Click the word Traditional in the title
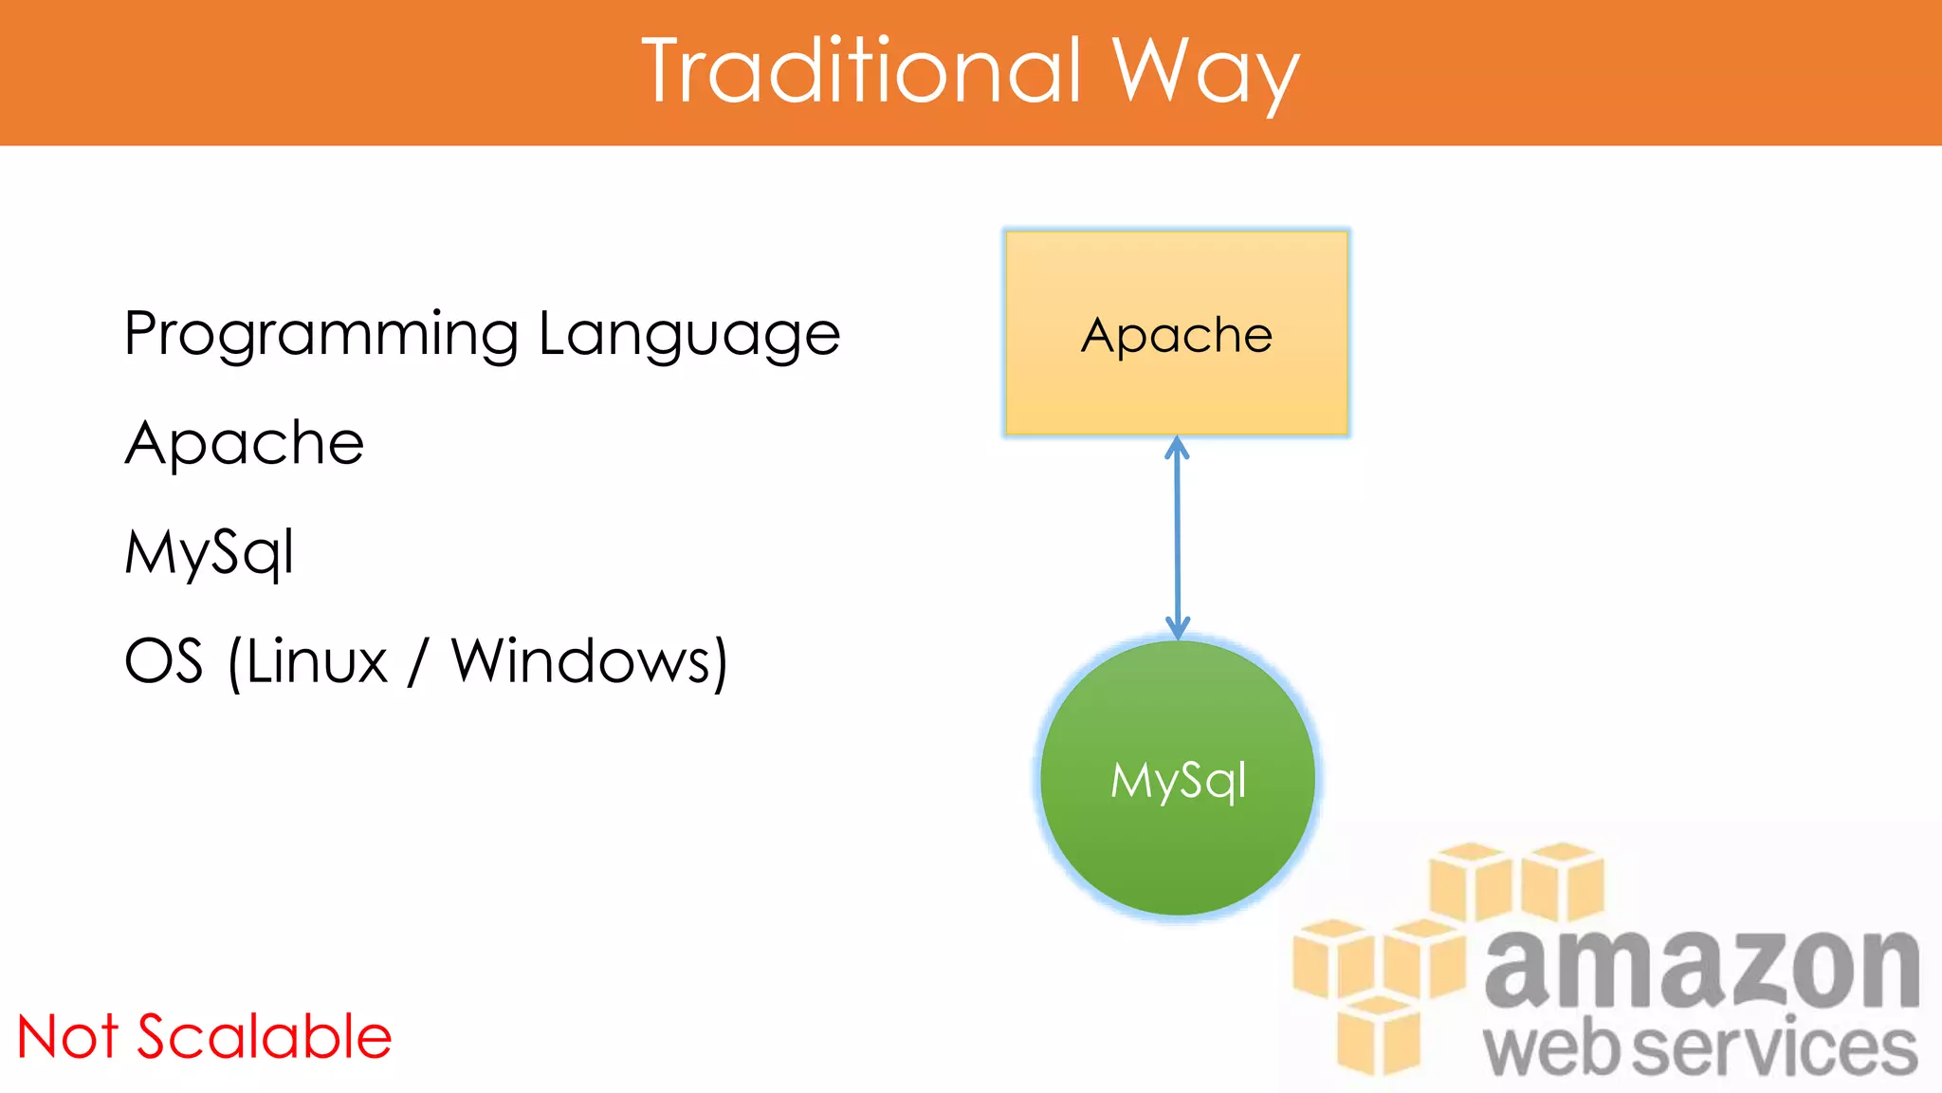[x=861, y=71]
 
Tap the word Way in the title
[x=1204, y=74]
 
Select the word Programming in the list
[x=321, y=335]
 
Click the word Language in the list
[x=689, y=335]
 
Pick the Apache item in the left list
[x=245, y=443]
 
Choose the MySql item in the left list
[x=210, y=552]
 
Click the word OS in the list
[x=164, y=661]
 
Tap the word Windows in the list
[x=582, y=661]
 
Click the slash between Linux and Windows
[x=417, y=661]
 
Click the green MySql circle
[x=1177, y=835]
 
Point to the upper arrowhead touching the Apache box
[x=1177, y=448]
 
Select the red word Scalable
[x=265, y=1036]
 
